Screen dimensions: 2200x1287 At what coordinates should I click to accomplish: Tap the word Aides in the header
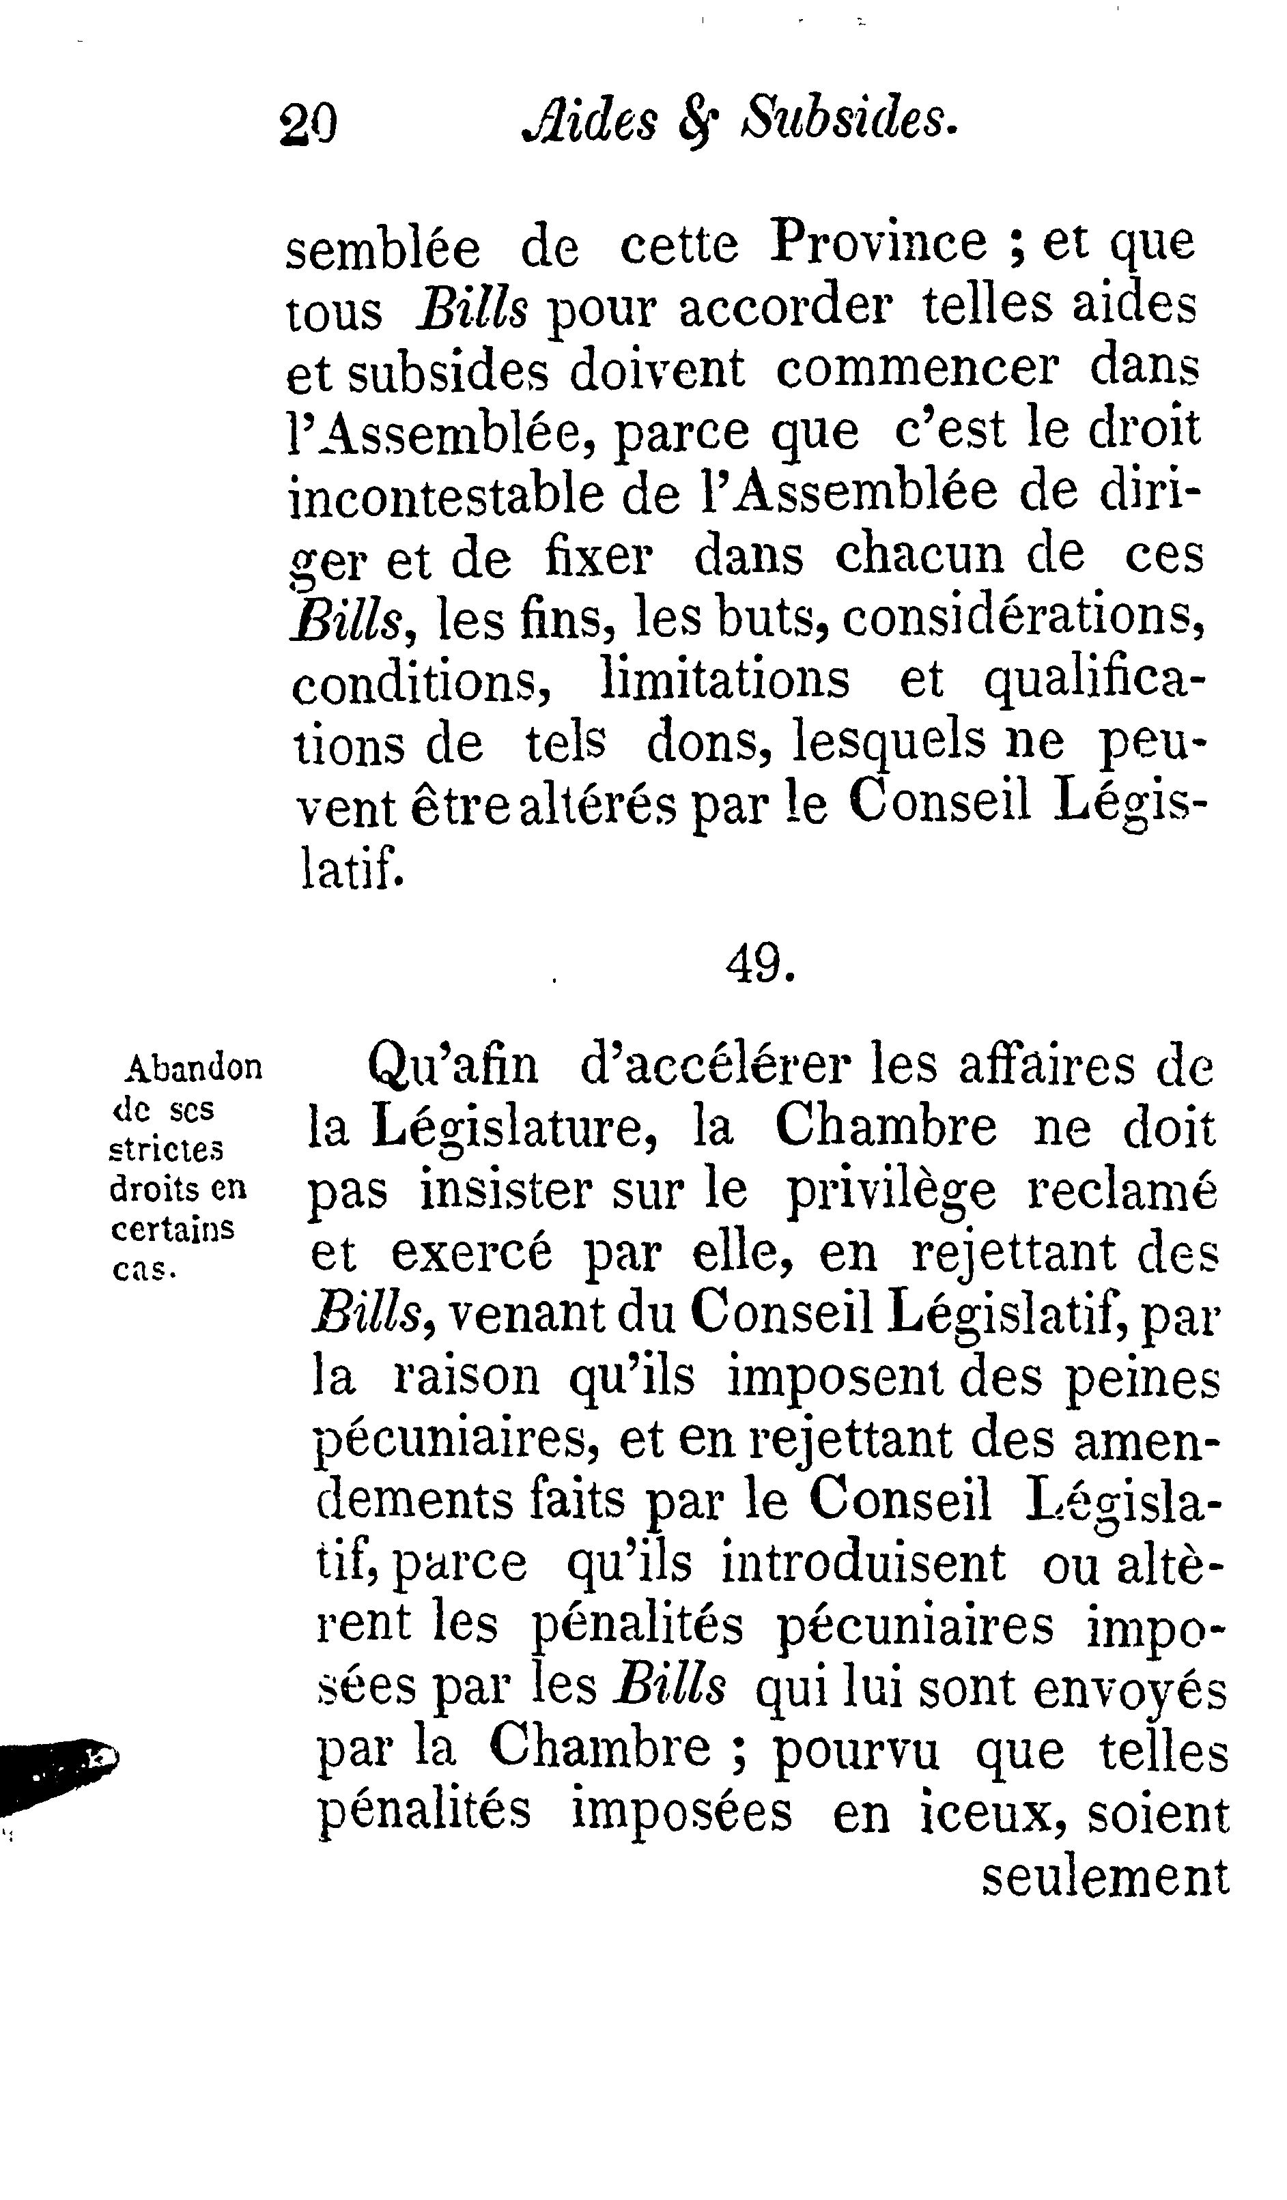589,119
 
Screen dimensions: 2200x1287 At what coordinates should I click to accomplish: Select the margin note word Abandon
194,1067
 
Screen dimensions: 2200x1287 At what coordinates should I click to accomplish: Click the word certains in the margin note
172,1229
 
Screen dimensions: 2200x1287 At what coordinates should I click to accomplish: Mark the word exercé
472,1255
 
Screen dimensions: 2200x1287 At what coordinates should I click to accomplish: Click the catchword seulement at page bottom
1105,1876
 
